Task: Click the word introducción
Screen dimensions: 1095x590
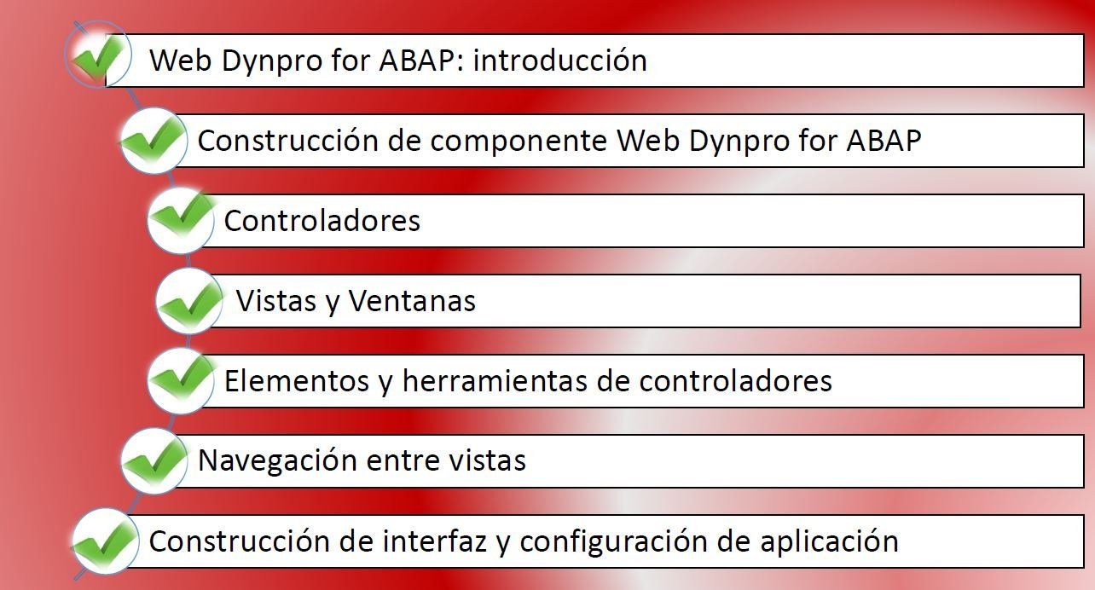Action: coord(559,61)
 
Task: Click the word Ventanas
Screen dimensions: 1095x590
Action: coord(412,301)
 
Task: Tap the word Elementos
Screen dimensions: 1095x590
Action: coord(297,381)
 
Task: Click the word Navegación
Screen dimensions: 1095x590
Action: coord(277,461)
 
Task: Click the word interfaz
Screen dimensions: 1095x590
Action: coord(435,541)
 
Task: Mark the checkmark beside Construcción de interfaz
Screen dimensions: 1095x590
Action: coord(104,541)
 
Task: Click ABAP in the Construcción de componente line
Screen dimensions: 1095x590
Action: coord(884,142)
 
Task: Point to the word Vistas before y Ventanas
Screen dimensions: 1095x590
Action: coord(276,301)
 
